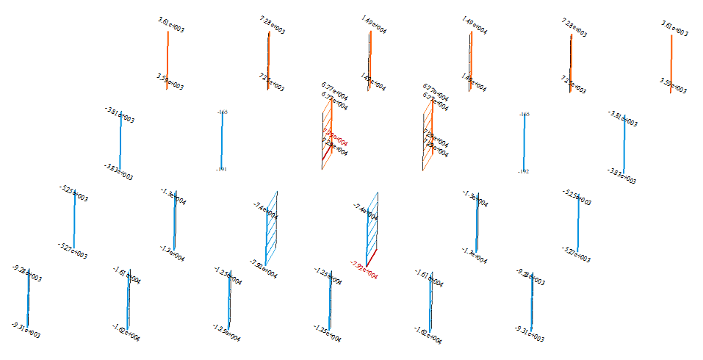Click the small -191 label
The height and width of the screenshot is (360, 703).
[221, 170]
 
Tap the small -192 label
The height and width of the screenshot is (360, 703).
[524, 171]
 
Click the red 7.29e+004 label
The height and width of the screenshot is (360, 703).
[334, 140]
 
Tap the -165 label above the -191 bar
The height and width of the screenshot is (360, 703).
[222, 112]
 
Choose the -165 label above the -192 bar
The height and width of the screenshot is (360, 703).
[524, 114]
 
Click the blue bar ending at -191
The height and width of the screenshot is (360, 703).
[222, 140]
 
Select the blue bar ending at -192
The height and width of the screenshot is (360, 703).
[524, 143]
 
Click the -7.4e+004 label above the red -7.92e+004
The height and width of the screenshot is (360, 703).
[365, 212]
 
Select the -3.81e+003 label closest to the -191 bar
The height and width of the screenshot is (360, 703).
[119, 115]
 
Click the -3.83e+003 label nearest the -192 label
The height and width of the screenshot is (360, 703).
[621, 176]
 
